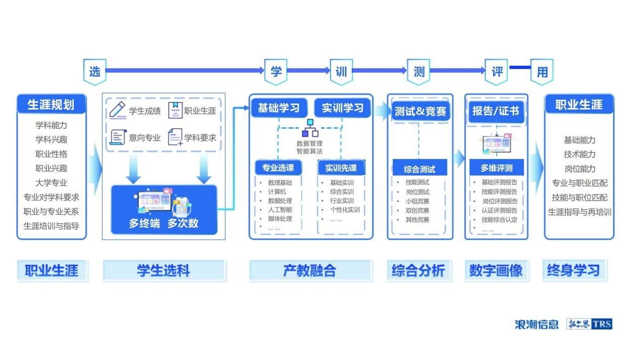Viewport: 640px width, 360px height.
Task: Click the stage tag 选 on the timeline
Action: [94, 72]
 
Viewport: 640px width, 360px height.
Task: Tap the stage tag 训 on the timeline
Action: [341, 72]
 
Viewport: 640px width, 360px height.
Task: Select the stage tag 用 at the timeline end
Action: [542, 72]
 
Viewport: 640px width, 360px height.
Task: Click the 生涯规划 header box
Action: [51, 105]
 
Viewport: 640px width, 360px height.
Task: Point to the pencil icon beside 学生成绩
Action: [118, 110]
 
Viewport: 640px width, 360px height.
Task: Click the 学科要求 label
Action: [200, 137]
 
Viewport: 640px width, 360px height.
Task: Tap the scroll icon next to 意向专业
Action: [118, 137]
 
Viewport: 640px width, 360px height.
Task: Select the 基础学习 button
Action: [279, 108]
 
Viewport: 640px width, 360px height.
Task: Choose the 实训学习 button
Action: [342, 108]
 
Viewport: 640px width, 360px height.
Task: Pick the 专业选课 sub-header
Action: [278, 168]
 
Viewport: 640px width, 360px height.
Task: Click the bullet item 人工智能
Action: [280, 210]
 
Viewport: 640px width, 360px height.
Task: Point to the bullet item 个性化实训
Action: [345, 210]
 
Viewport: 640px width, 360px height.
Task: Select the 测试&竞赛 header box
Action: [420, 111]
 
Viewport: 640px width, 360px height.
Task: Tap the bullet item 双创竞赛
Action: [417, 210]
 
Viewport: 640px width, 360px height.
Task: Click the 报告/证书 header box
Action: [496, 111]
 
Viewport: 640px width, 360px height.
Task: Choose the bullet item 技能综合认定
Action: [499, 220]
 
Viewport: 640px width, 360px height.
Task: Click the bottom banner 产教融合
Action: [310, 271]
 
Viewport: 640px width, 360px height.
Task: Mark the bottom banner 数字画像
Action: [496, 271]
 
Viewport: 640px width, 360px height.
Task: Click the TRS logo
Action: [603, 324]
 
